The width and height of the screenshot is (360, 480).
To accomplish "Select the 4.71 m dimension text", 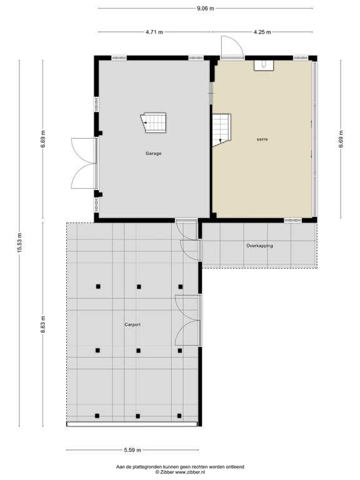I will [x=154, y=32].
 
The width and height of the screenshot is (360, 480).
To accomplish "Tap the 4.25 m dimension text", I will [x=262, y=32].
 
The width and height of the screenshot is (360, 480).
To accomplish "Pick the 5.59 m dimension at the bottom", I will [x=132, y=450].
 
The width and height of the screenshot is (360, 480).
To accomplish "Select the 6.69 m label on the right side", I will [x=341, y=141].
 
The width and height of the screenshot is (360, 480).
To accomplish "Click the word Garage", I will [x=154, y=153].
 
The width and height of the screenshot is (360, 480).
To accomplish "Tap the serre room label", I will [x=262, y=139].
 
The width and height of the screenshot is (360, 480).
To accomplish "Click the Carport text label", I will [x=132, y=325].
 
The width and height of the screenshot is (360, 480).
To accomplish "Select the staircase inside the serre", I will [x=222, y=129].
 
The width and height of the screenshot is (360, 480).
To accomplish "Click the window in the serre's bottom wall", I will [x=292, y=220].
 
